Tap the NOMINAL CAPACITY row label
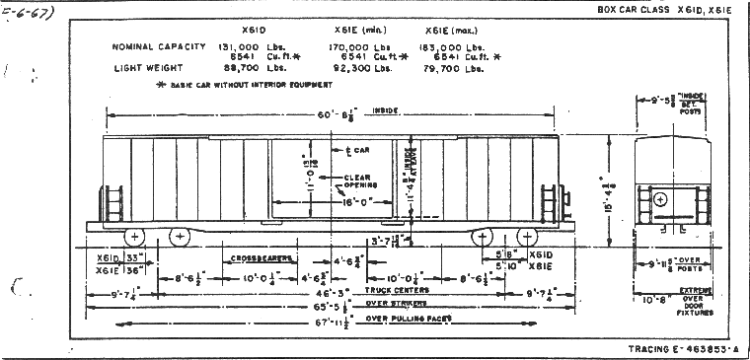pyautogui.click(x=158, y=46)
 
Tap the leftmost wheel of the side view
pyautogui.click(x=133, y=236)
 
